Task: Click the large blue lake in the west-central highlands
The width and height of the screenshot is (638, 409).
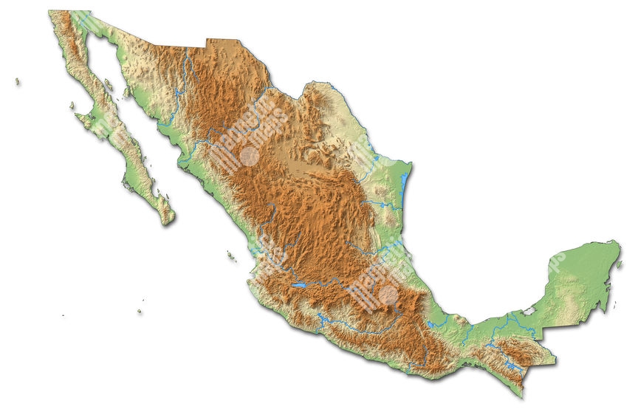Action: (x=298, y=283)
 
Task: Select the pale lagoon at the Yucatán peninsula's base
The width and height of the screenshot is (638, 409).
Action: (x=529, y=312)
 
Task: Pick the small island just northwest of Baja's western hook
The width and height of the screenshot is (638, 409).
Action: (x=72, y=106)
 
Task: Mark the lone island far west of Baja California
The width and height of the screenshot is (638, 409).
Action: (x=16, y=81)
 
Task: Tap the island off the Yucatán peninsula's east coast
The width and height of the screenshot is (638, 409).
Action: (x=611, y=303)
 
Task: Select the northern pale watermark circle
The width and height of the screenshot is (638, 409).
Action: (x=250, y=156)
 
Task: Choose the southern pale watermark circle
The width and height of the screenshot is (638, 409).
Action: (x=386, y=295)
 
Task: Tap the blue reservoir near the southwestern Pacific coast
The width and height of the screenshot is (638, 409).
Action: (x=322, y=319)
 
